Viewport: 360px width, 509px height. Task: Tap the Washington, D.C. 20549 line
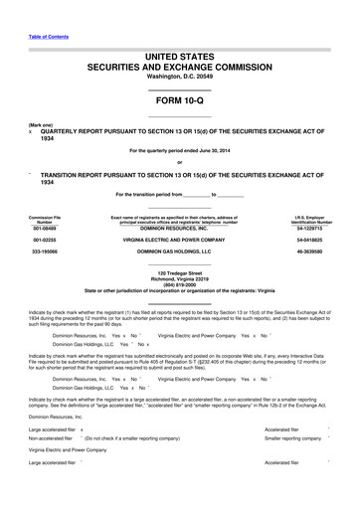point(179,75)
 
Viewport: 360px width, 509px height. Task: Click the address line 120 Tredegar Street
point(179,270)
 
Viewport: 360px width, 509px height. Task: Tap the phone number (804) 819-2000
point(179,282)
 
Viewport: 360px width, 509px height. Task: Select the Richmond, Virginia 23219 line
point(179,276)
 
